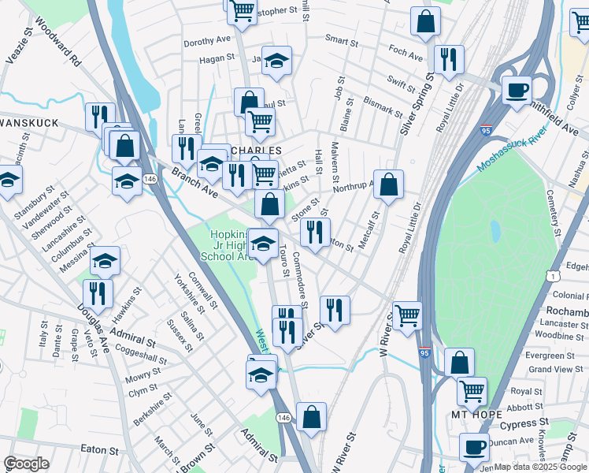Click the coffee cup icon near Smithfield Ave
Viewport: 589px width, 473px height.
[517, 91]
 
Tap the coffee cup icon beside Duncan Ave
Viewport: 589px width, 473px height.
[474, 447]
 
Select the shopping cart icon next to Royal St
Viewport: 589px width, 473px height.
[472, 390]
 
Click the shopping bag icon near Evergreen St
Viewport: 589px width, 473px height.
[459, 362]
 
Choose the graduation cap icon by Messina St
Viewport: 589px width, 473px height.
[105, 261]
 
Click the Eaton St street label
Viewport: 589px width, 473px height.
[99, 449]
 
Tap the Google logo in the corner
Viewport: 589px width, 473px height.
[26, 464]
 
